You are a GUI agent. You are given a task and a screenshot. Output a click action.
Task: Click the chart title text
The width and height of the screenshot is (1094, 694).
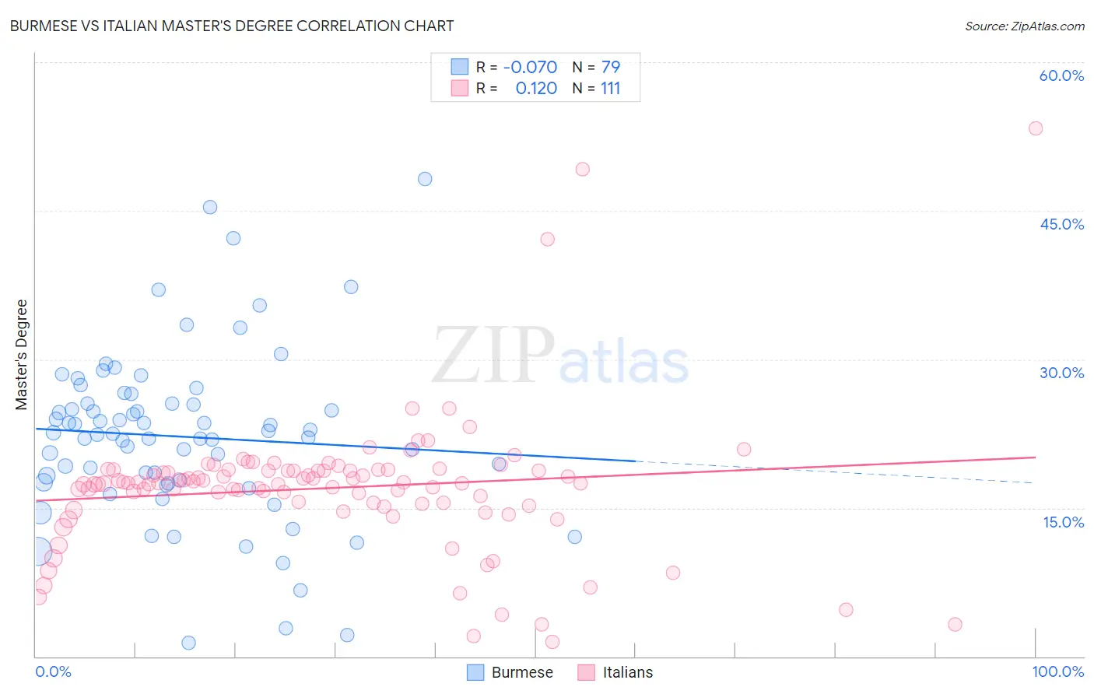pos(232,26)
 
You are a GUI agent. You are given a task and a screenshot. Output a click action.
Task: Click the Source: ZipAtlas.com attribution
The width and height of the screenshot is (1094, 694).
pos(1024,26)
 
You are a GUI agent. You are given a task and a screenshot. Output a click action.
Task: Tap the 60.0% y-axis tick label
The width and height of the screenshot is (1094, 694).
pos(1061,75)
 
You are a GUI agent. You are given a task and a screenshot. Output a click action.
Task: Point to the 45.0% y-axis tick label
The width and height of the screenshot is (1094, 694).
pos(1061,224)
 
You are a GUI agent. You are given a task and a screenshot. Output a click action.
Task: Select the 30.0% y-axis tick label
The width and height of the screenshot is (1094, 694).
pos(1061,373)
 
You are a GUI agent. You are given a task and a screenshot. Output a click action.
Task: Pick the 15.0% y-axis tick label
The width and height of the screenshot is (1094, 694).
pos(1063,522)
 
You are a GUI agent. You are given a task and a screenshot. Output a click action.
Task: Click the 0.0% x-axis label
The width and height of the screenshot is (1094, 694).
pos(53,671)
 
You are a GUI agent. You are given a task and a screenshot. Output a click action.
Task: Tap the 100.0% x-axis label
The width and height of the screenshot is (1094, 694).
pos(1057,671)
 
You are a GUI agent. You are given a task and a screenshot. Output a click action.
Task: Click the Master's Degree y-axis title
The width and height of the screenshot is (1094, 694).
pos(21,354)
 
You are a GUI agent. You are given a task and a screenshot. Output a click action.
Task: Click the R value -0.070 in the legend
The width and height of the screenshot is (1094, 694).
pos(530,67)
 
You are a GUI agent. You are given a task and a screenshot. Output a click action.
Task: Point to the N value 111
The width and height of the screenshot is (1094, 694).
pos(610,89)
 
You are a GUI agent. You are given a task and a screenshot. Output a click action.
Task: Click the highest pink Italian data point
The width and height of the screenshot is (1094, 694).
pos(1035,128)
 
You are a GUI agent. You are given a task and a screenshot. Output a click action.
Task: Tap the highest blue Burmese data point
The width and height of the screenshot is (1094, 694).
pos(425,179)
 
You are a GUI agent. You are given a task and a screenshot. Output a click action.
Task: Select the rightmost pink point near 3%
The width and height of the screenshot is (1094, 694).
pos(955,624)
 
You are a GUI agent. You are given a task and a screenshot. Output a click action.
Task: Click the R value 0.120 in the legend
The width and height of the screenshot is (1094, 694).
pos(536,89)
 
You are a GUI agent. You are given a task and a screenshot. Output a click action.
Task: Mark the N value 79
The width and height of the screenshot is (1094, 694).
pos(610,67)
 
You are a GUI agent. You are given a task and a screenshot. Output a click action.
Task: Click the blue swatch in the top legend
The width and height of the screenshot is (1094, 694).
pos(460,67)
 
